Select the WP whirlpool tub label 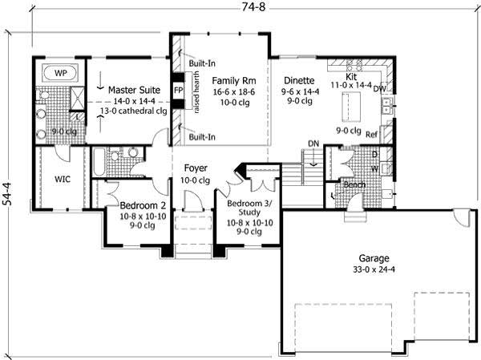point(60,73)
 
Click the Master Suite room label point(133,90)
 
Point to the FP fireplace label point(177,91)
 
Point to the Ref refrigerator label point(371,135)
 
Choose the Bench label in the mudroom point(354,184)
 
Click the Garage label point(374,258)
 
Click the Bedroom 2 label point(131,193)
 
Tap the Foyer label point(196,168)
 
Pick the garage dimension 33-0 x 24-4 point(374,270)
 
